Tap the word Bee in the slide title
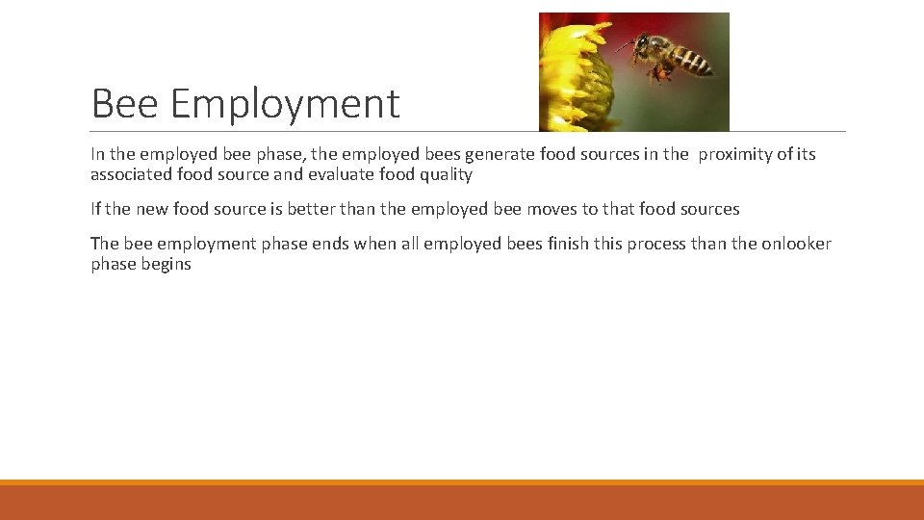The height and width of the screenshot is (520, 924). click(x=121, y=104)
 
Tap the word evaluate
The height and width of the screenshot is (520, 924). click(x=338, y=174)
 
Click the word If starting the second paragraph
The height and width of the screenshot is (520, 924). click(x=95, y=209)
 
